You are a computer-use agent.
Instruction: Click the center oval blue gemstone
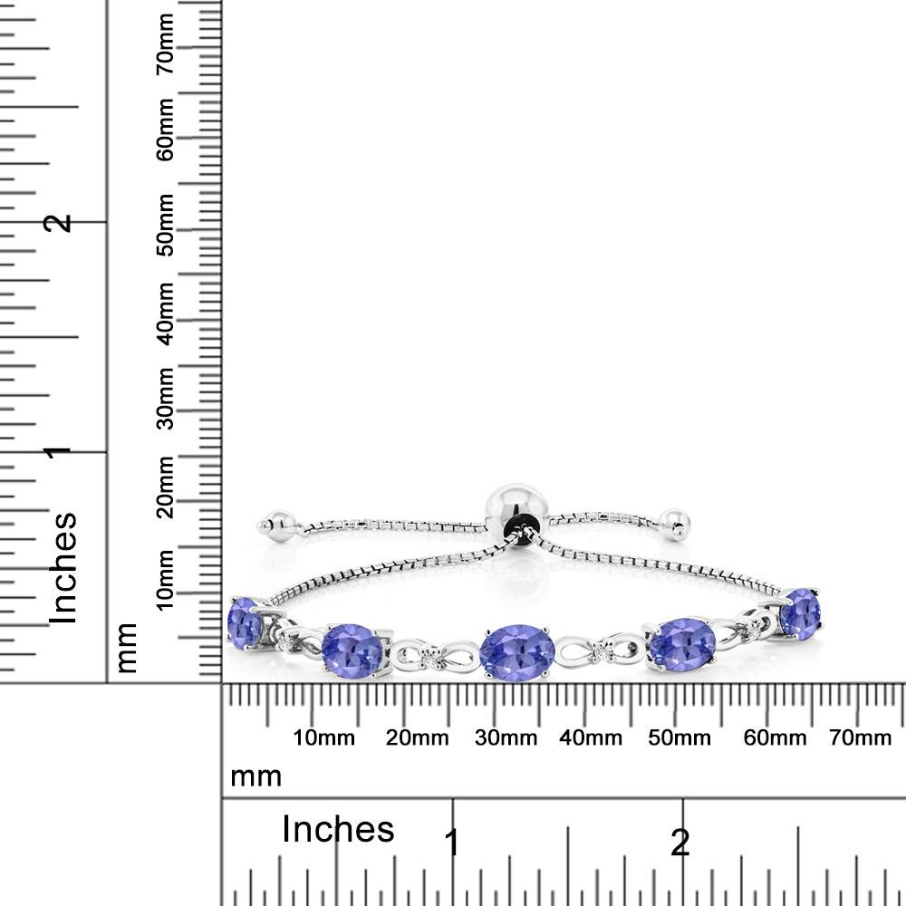[517, 652]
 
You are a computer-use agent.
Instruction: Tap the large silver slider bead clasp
[516, 511]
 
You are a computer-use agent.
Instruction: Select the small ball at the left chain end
[277, 525]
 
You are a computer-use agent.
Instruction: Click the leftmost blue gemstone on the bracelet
[244, 623]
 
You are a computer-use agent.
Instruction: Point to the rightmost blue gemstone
[800, 614]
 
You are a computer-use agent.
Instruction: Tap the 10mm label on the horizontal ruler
[323, 737]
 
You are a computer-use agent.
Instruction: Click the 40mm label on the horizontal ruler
[591, 737]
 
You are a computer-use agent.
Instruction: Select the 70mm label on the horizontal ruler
[861, 737]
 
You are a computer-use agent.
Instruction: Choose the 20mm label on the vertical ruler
[165, 487]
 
